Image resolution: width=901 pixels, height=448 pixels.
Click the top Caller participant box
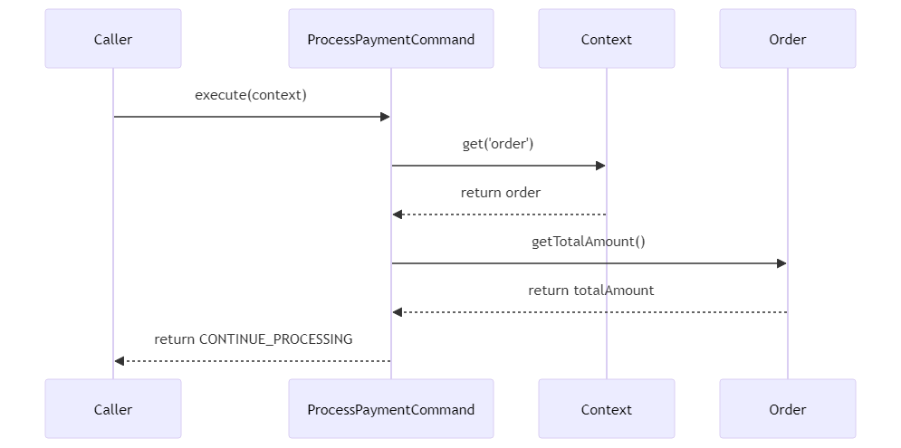click(113, 39)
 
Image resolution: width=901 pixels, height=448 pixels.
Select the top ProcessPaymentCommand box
click(391, 39)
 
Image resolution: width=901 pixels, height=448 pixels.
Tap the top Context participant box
click(606, 39)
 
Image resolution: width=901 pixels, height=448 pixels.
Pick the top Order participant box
click(787, 39)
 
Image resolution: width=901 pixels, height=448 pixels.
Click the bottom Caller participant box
click(113, 408)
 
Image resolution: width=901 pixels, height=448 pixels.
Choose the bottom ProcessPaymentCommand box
click(391, 408)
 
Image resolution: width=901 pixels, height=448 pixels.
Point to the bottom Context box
click(606, 408)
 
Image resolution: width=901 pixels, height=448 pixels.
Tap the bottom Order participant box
click(787, 408)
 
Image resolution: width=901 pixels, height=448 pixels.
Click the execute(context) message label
click(251, 95)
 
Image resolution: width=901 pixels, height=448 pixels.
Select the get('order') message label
click(498, 144)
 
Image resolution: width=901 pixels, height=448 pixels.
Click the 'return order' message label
click(501, 193)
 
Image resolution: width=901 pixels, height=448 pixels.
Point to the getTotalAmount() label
click(589, 242)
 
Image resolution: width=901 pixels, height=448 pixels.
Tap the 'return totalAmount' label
click(590, 291)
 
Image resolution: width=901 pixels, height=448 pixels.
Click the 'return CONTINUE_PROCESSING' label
click(254, 339)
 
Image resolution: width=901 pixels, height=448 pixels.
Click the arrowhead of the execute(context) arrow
click(386, 117)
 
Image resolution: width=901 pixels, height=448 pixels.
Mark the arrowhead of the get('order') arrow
click(601, 166)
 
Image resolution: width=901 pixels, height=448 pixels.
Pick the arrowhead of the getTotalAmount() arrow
click(782, 263)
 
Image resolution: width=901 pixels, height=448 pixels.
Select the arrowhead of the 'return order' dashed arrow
click(397, 214)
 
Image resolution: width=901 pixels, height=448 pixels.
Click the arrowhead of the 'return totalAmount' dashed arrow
click(397, 312)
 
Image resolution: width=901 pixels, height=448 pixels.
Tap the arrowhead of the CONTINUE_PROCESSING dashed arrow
click(119, 361)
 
